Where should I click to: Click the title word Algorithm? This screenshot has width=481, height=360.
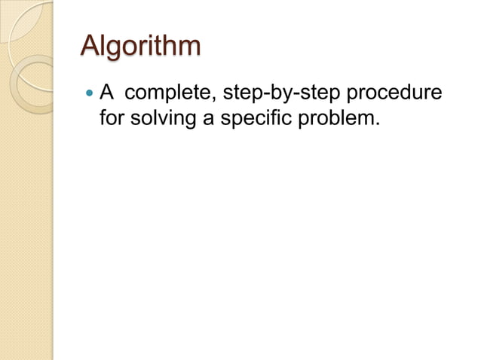(x=141, y=47)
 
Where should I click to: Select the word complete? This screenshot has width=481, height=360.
(x=165, y=95)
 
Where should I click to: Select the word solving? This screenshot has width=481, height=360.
(x=161, y=119)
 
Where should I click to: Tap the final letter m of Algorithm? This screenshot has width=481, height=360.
(x=189, y=48)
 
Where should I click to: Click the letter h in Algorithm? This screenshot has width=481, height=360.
(x=170, y=45)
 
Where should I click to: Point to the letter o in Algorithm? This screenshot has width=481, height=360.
(x=132, y=48)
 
